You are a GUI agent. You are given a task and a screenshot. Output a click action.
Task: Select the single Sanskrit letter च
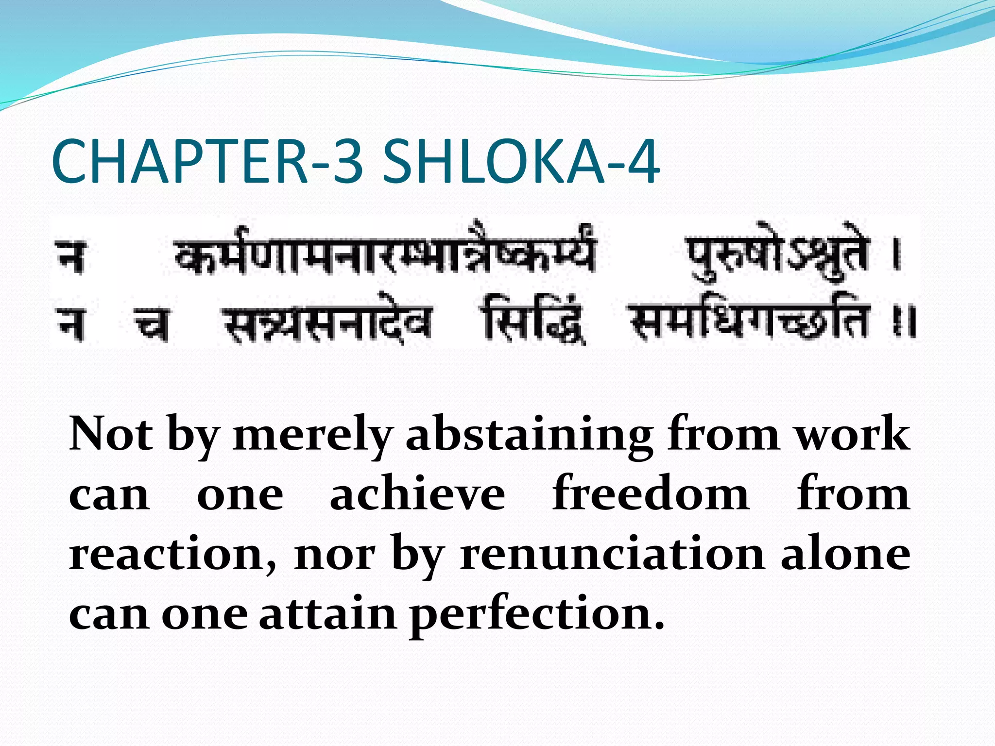coord(152,322)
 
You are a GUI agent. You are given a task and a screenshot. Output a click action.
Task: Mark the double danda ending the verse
coord(904,322)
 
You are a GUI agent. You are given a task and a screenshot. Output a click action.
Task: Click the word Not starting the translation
coord(111,434)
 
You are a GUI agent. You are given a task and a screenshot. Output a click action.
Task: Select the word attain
coord(327,614)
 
